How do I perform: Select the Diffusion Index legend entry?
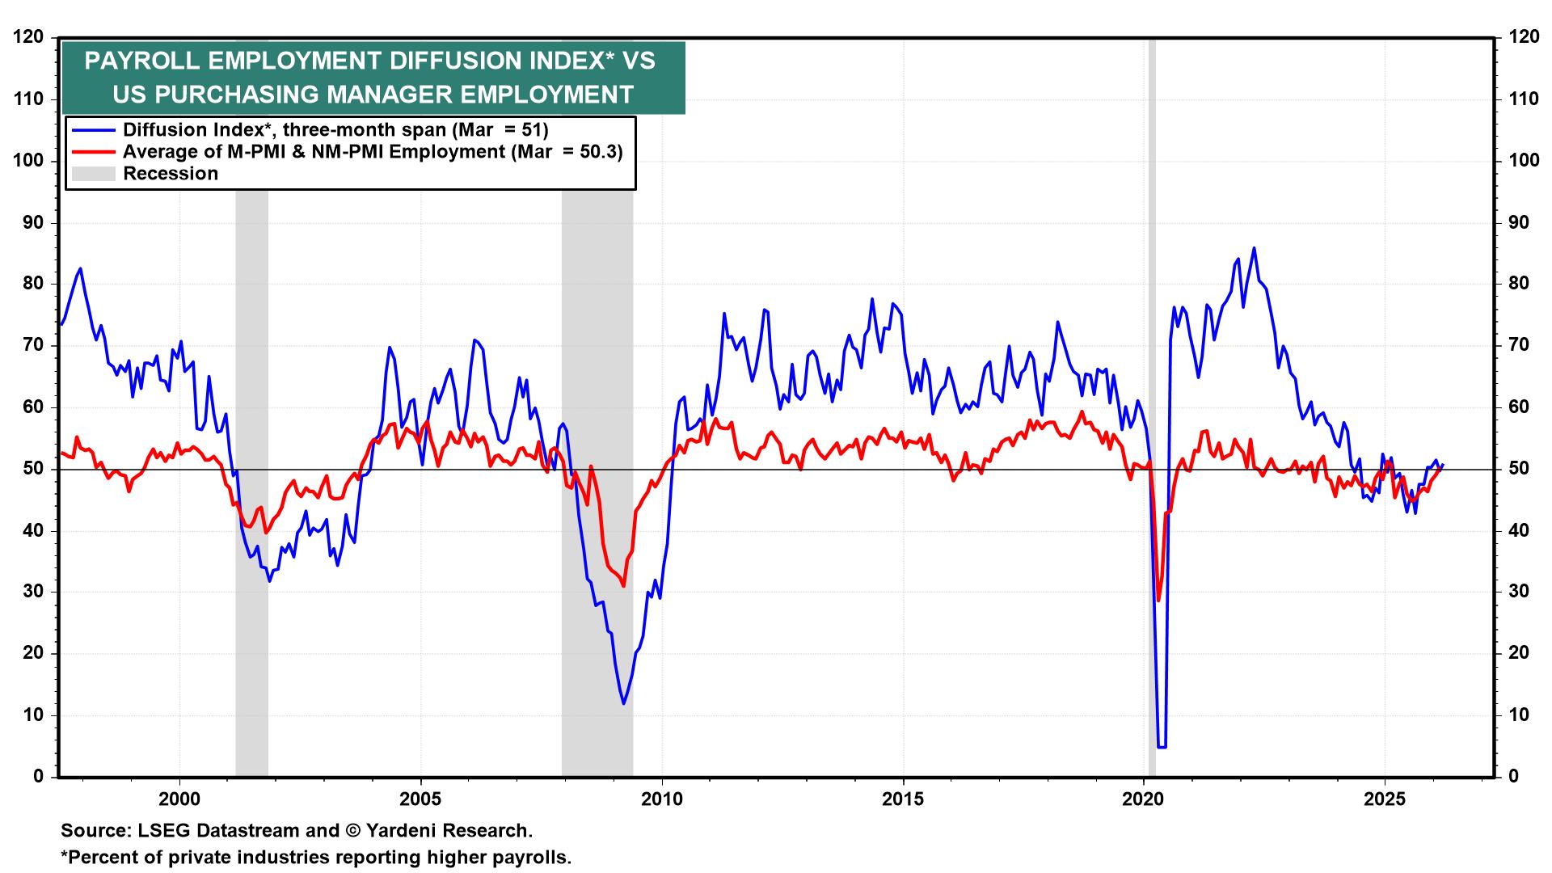click(335, 129)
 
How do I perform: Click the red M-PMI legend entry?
click(372, 151)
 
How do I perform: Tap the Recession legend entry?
click(170, 174)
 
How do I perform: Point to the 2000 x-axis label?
click(179, 799)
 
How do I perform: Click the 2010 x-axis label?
click(662, 799)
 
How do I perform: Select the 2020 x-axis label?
click(1145, 799)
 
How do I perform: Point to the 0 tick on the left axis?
click(39, 777)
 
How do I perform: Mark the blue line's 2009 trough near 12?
click(623, 703)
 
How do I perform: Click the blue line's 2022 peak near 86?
click(1254, 248)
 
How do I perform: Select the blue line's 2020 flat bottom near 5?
click(1162, 747)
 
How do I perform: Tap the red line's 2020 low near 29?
click(1158, 600)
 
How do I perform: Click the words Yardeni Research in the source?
click(449, 830)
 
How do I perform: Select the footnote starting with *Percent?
click(316, 858)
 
